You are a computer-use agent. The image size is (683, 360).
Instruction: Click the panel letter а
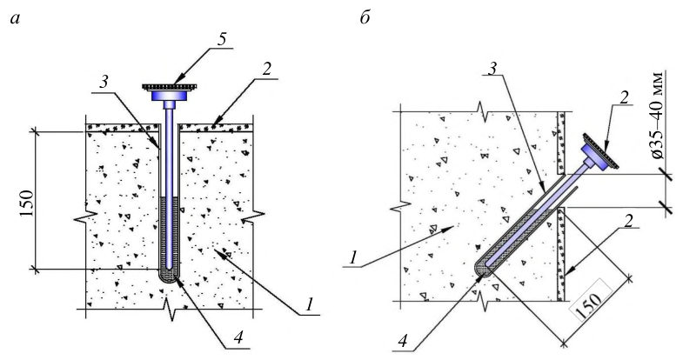(x=16, y=19)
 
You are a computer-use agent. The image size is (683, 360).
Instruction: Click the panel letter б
(x=365, y=17)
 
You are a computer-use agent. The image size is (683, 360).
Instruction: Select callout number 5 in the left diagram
(x=222, y=39)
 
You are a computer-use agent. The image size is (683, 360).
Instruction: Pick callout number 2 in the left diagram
(x=266, y=70)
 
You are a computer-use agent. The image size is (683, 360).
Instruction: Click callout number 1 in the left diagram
(x=309, y=304)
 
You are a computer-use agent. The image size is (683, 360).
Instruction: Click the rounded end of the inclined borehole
(x=480, y=269)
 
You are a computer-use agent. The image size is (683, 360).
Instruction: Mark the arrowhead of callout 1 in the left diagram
(x=223, y=253)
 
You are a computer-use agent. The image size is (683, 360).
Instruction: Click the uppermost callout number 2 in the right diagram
(x=626, y=98)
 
